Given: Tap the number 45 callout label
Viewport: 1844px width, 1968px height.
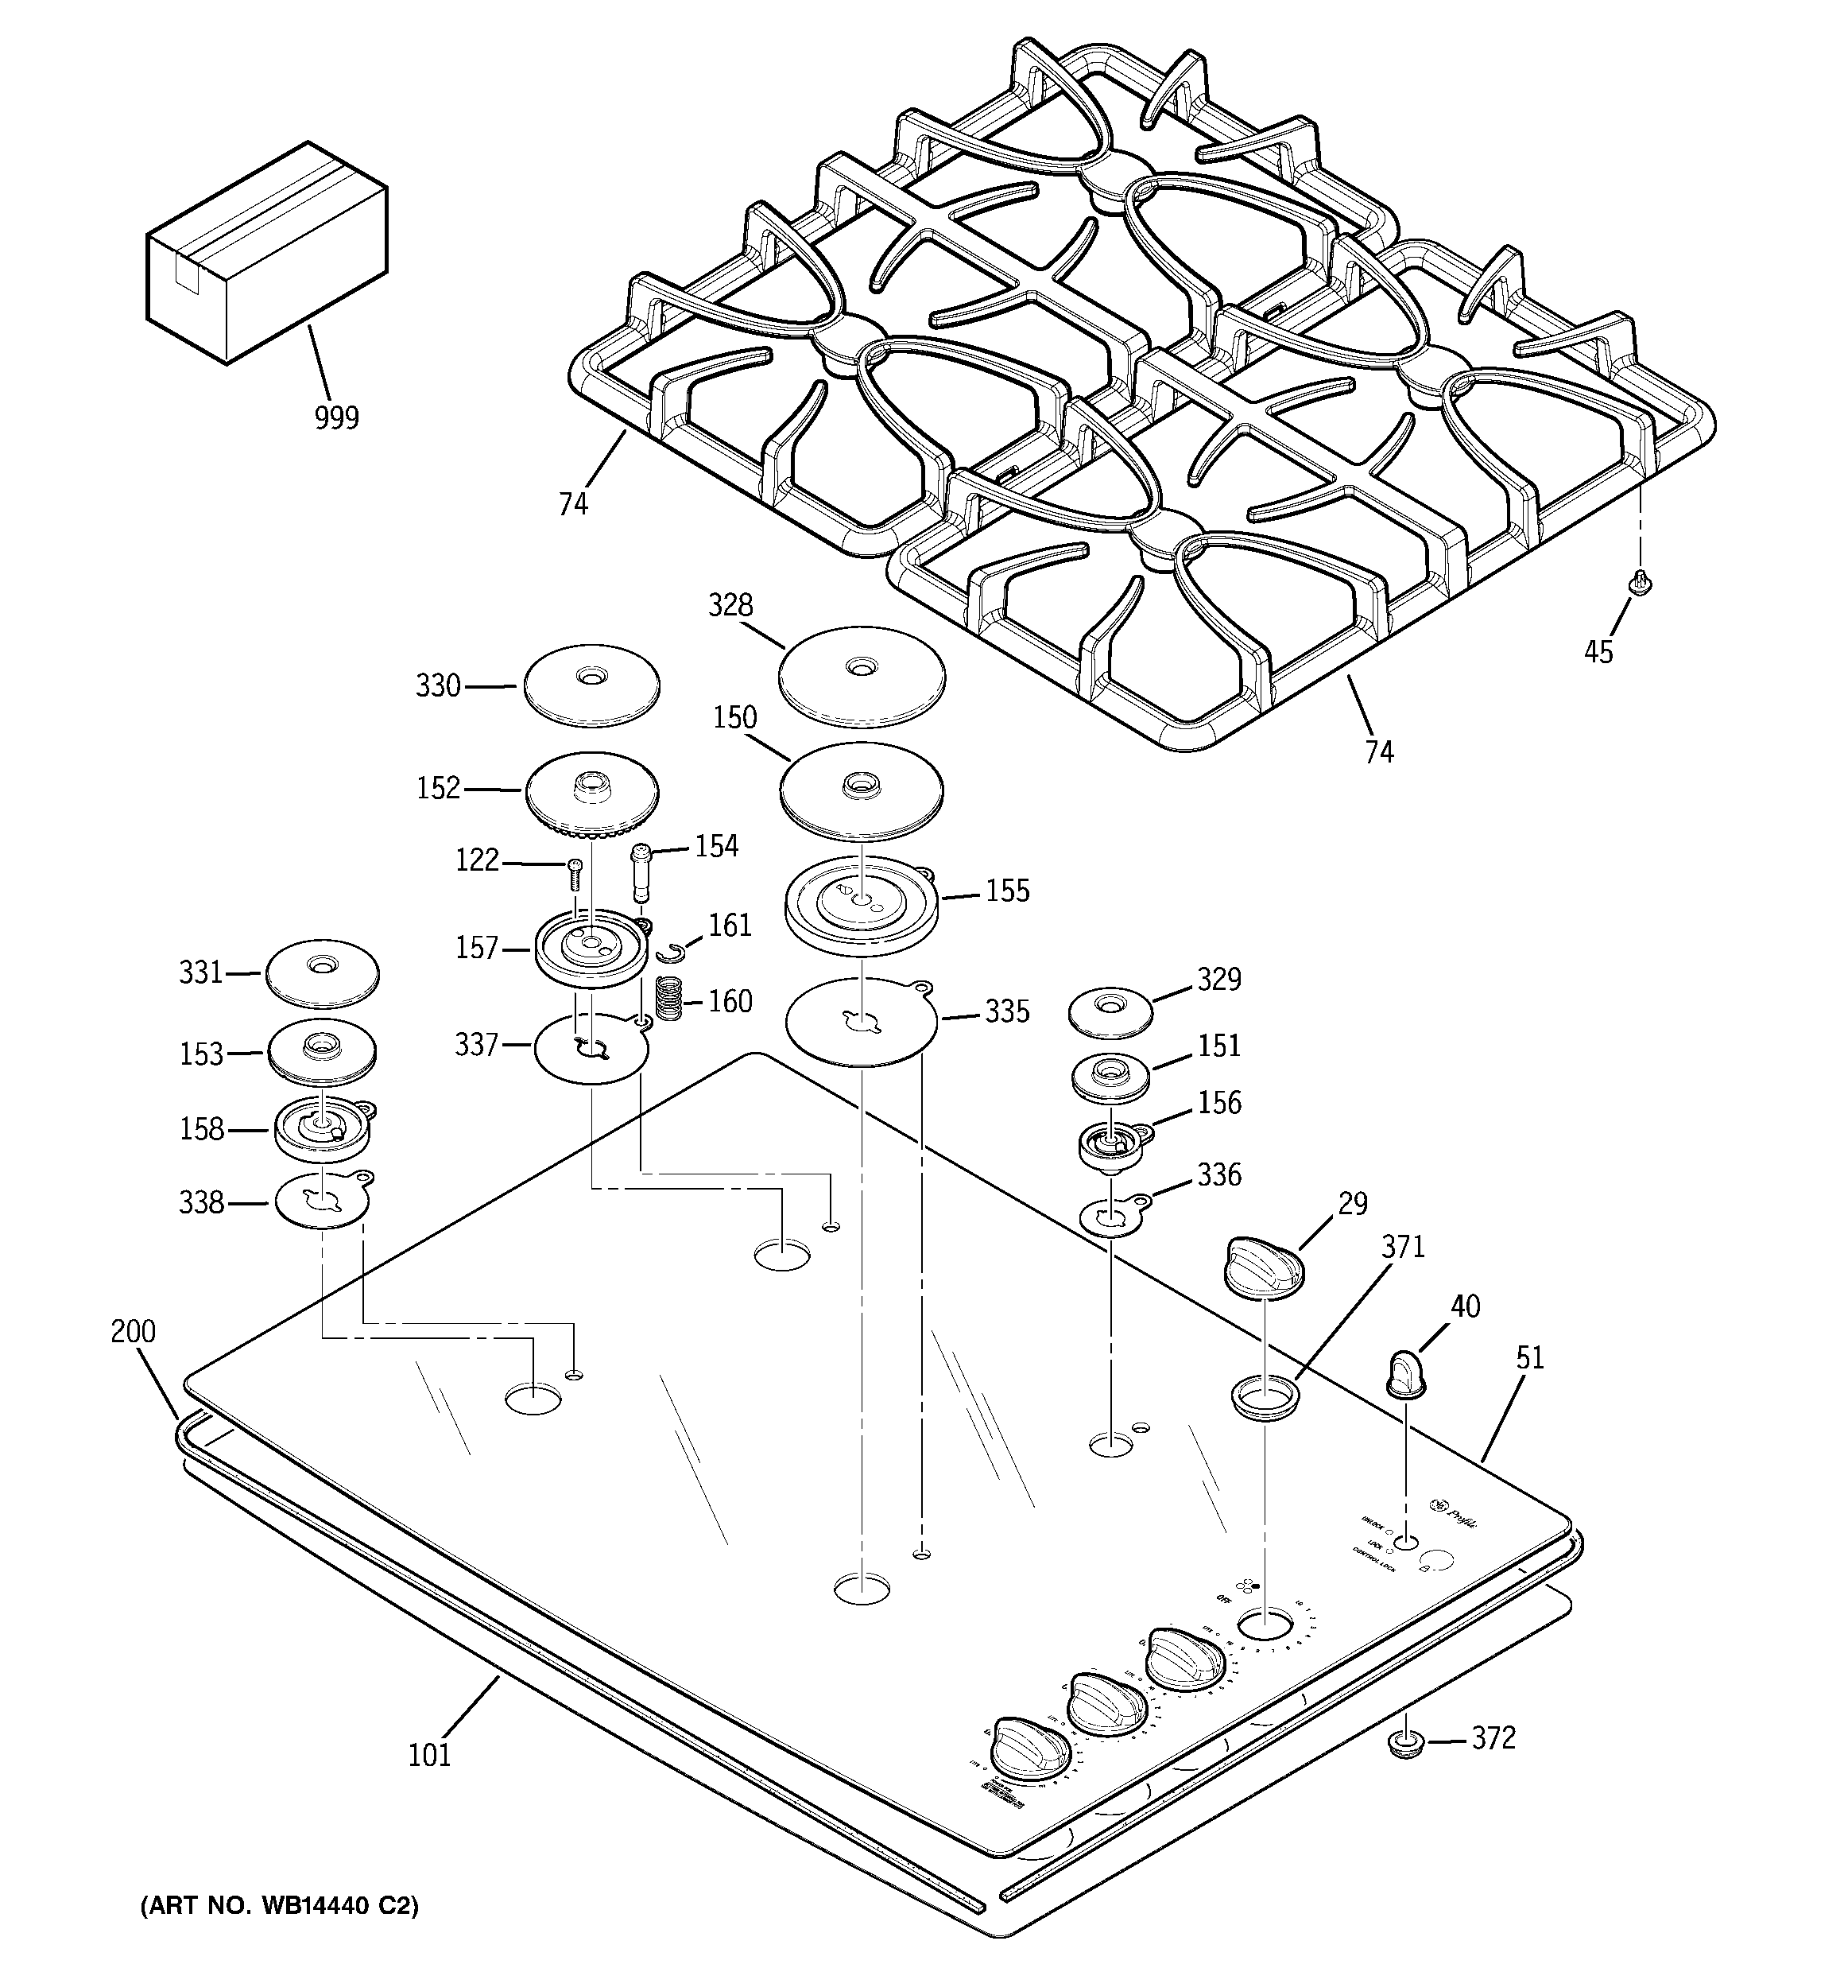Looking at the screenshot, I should coord(1598,652).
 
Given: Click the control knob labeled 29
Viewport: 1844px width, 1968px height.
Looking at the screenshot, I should coord(1264,1265).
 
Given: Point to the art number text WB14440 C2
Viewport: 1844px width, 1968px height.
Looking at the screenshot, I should coord(279,1906).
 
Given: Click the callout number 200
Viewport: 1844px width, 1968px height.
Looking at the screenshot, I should coord(133,1331).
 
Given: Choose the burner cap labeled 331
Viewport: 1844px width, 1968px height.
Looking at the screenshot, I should coord(323,971).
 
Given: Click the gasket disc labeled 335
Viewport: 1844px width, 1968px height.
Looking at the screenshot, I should coord(861,1022).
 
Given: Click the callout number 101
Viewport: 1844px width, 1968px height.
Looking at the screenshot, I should coord(429,1755).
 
